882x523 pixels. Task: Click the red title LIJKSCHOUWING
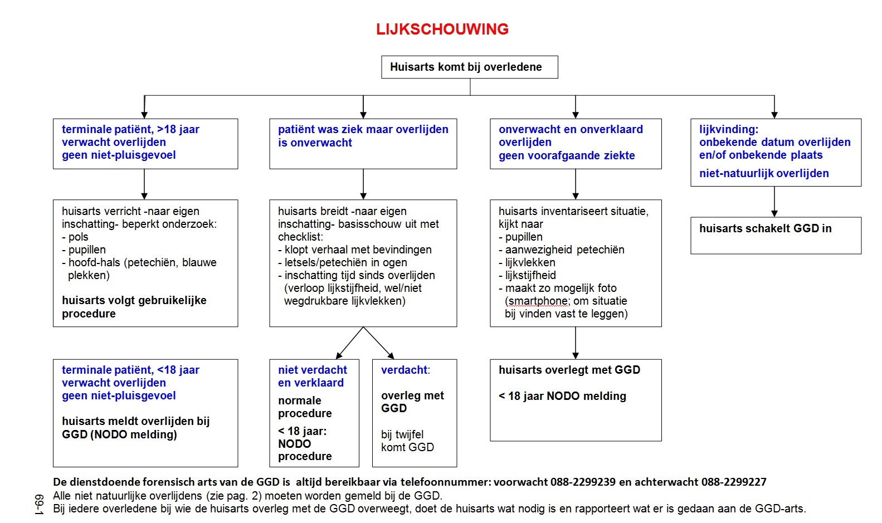coord(442,29)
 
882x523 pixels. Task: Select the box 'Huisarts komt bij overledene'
coord(469,67)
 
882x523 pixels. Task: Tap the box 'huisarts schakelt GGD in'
coord(776,236)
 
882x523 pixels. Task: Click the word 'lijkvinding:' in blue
coord(728,129)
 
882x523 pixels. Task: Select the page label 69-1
coord(39,505)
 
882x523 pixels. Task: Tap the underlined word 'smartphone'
coord(538,301)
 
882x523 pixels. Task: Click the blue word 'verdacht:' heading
coord(406,370)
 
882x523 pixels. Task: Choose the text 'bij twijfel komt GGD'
coord(407,441)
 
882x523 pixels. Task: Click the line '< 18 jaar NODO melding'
coord(562,396)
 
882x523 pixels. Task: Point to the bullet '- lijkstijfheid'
coord(527,275)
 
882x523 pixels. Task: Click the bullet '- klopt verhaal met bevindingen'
coord(354,250)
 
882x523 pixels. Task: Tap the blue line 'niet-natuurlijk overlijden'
coord(764,173)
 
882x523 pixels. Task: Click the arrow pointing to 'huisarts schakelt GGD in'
coord(774,202)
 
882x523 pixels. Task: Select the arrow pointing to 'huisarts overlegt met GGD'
coord(575,343)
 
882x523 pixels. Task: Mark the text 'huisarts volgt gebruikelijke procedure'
coord(134,307)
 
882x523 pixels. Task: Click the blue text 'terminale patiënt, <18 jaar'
coord(130,370)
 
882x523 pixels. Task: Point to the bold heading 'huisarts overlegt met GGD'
coord(569,370)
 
